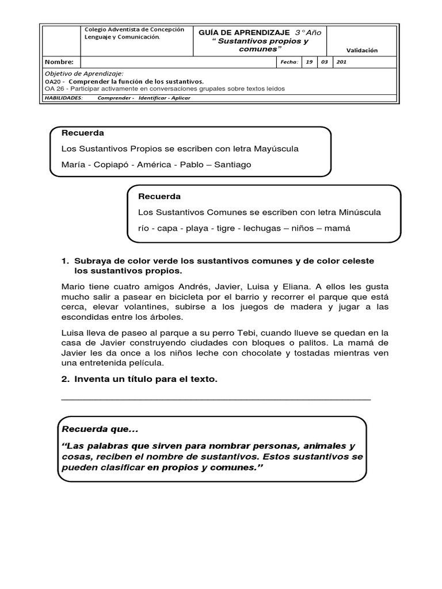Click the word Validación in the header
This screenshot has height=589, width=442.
point(362,50)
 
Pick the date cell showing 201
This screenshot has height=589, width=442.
point(341,62)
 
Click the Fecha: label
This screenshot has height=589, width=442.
point(288,62)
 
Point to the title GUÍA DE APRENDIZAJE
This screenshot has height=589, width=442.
point(244,33)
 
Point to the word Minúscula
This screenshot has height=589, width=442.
point(356,212)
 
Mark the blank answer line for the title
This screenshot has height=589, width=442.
point(216,398)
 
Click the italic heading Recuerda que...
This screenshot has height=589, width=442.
point(100,430)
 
